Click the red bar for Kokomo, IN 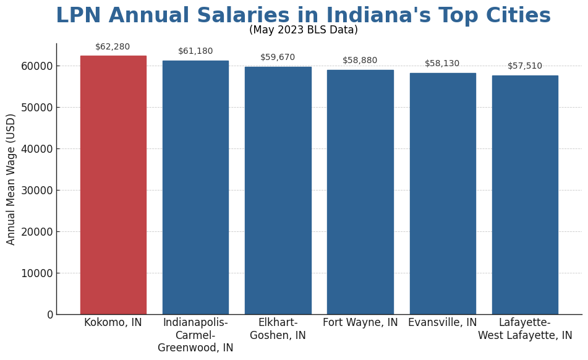[113, 185]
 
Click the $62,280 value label [113, 47]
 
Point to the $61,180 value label [195, 51]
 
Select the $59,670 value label [278, 58]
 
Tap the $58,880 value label [360, 61]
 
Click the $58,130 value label [442, 64]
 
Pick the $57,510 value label [525, 66]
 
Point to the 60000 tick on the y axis [36, 66]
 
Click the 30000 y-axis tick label [36, 191]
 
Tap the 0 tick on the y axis [50, 315]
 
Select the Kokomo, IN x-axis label [113, 323]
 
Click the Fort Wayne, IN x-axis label [360, 323]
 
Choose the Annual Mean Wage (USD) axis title [11, 179]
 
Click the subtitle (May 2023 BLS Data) [304, 30]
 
